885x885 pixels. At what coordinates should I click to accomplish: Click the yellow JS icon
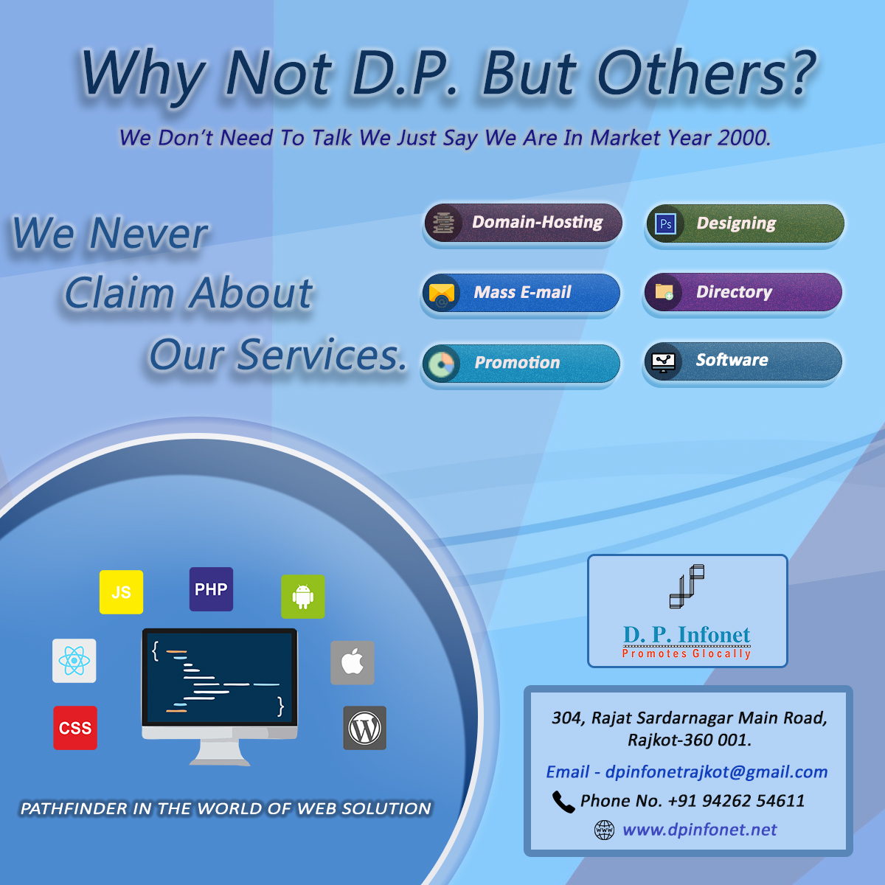click(121, 592)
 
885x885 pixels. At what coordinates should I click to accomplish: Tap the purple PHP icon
click(211, 589)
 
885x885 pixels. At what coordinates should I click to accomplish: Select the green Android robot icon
click(303, 597)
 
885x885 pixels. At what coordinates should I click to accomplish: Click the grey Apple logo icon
click(353, 663)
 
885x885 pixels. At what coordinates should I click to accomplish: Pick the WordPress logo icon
click(364, 728)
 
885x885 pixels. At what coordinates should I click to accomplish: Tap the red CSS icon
click(75, 728)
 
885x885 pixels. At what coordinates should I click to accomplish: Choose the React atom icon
click(74, 660)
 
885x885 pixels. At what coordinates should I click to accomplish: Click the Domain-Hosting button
click(523, 223)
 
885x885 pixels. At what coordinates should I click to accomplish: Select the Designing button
click(745, 223)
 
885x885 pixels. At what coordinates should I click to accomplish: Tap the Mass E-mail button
click(521, 293)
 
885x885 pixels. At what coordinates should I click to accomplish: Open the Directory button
click(743, 292)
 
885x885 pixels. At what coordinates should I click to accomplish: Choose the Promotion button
click(521, 364)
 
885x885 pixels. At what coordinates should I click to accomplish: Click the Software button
click(743, 361)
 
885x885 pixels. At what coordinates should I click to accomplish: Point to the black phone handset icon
click(563, 802)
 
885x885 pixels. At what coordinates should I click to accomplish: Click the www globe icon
click(605, 830)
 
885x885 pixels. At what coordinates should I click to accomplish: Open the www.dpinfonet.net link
click(699, 830)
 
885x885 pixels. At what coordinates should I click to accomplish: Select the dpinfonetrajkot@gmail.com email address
click(716, 772)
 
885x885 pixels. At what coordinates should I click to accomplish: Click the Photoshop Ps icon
click(665, 224)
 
